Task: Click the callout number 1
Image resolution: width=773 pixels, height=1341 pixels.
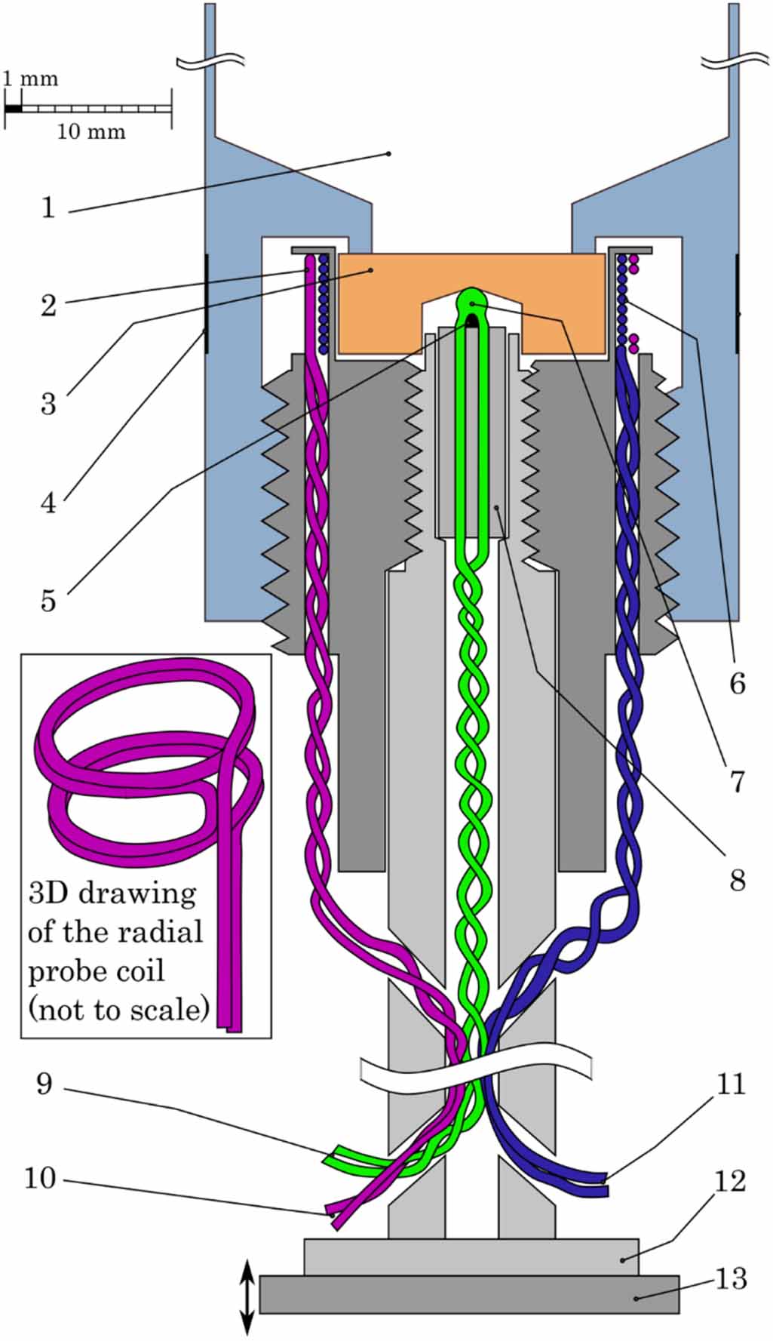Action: [48, 207]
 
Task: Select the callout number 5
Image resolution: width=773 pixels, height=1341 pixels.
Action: [48, 601]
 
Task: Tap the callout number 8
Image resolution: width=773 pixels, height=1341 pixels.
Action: [737, 880]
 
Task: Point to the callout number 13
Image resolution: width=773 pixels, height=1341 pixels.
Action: [731, 1278]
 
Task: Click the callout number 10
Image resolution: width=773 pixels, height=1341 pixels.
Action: [40, 1178]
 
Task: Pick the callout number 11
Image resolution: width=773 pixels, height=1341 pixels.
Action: [730, 1084]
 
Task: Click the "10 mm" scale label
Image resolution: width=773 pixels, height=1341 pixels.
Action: [90, 132]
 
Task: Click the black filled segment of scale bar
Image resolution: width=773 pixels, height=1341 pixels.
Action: [14, 109]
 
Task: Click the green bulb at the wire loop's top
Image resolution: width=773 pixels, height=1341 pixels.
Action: [472, 300]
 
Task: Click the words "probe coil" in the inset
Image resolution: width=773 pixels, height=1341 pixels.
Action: [96, 970]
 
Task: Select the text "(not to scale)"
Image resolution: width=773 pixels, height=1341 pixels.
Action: [118, 1009]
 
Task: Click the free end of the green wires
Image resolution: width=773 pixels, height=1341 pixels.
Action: [332, 1155]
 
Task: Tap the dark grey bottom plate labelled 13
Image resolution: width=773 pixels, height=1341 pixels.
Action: [469, 1294]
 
